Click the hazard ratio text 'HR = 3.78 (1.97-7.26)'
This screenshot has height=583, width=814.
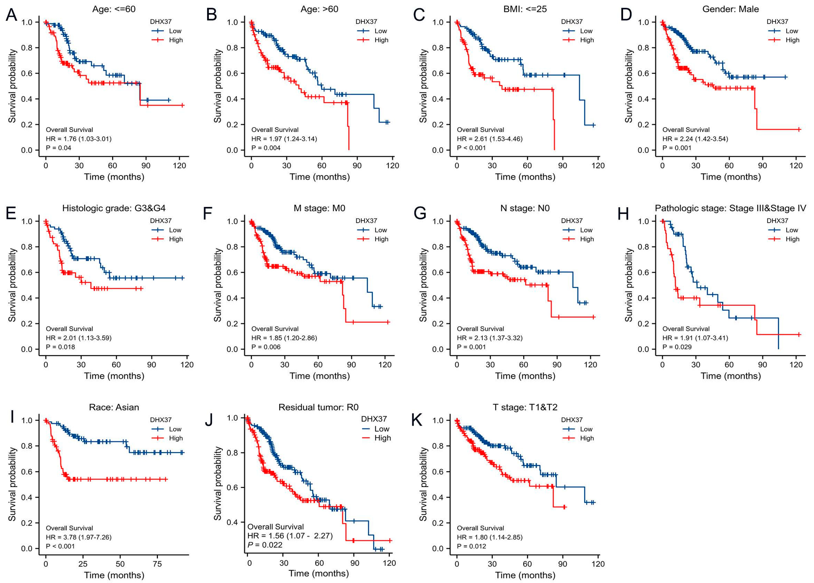click(79, 537)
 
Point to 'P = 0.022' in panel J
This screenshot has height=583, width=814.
click(265, 545)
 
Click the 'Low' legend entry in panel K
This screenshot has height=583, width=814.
click(586, 429)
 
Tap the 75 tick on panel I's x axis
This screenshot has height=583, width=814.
click(157, 564)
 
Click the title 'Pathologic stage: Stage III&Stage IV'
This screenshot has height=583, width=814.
click(730, 208)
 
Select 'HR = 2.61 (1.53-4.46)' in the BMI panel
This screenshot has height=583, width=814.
click(490, 139)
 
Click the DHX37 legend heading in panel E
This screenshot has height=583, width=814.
click(161, 220)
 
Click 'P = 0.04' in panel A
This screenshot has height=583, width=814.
click(59, 148)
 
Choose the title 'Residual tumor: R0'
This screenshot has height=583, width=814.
click(318, 407)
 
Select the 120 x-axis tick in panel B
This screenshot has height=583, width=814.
click(393, 166)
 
